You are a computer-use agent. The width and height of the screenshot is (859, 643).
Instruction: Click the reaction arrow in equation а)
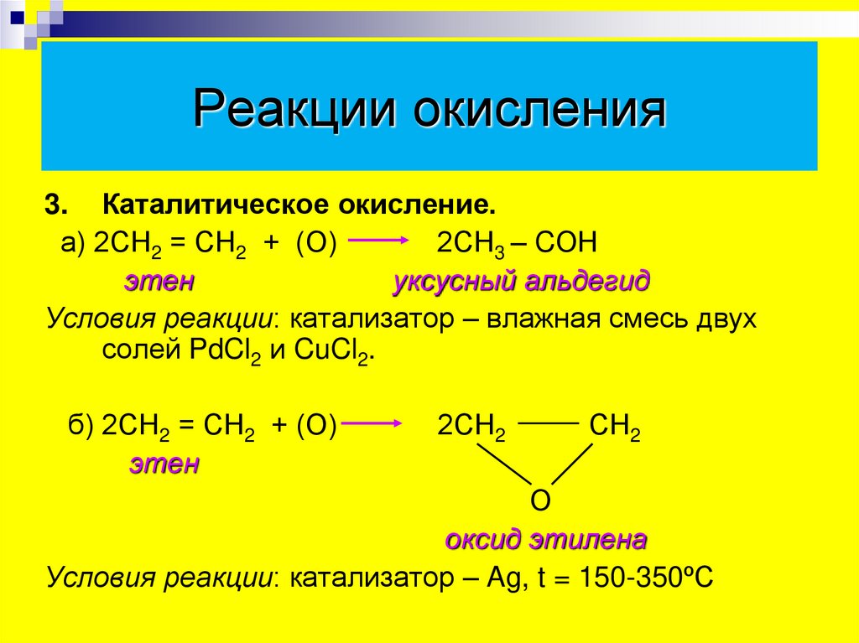point(377,241)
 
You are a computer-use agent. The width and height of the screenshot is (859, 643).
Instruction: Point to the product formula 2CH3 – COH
point(516,243)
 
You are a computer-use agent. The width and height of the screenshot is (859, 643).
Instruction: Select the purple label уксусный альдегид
point(521,281)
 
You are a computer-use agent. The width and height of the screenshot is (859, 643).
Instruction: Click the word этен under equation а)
point(160,281)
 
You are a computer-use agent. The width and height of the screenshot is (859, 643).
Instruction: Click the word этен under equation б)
point(164,464)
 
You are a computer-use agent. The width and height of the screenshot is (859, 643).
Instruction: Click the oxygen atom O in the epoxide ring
point(541,501)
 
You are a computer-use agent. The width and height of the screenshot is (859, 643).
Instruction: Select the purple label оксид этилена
point(545,539)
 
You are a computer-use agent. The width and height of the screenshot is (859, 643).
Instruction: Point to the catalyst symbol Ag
point(503,578)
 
